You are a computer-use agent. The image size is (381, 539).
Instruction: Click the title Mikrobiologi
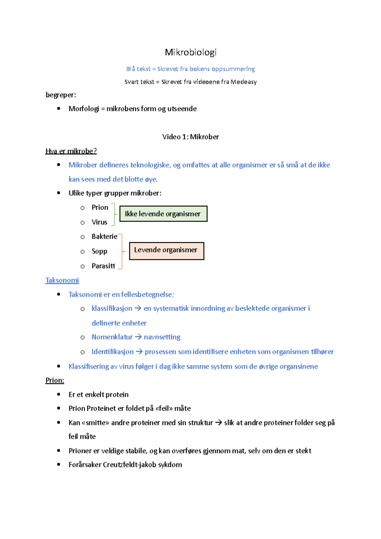[190, 52]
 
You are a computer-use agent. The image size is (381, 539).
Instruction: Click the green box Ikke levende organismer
[163, 214]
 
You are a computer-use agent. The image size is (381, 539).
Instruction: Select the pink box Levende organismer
[166, 251]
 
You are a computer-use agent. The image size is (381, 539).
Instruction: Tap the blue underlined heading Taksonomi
[62, 280]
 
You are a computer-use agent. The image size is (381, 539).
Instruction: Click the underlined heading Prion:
[55, 380]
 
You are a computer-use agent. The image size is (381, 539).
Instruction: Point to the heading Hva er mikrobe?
[71, 151]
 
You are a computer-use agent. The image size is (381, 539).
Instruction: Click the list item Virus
[99, 222]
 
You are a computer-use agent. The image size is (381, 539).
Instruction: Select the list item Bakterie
[104, 236]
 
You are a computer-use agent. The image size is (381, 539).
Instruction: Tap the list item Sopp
[99, 251]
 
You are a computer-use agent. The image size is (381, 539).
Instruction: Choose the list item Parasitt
[103, 266]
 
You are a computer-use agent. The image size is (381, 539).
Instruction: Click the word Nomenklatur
[112, 337]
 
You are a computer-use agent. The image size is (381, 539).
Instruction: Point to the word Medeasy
[244, 82]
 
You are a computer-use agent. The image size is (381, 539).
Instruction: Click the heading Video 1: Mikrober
[190, 137]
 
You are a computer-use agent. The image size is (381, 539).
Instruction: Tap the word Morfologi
[84, 109]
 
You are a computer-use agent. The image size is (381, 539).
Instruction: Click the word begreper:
[61, 95]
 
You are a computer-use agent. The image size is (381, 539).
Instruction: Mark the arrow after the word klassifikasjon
[137, 308]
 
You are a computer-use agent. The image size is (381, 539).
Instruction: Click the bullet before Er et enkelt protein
[58, 394]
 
